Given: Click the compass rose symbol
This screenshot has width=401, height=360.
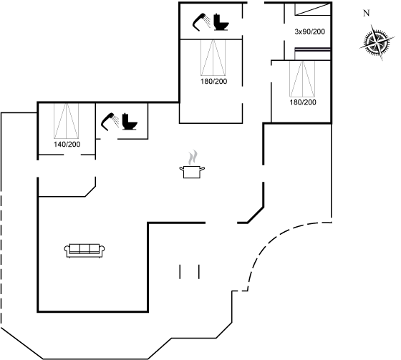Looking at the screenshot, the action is (x=377, y=42).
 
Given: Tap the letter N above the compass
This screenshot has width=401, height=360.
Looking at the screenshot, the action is (x=367, y=13).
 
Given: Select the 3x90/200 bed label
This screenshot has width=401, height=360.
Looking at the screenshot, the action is (x=309, y=31).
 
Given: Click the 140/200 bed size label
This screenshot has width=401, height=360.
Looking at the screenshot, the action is (x=67, y=145).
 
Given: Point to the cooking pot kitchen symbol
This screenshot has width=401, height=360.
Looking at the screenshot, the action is (x=192, y=172).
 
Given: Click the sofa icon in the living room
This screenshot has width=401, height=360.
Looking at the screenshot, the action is (x=84, y=250).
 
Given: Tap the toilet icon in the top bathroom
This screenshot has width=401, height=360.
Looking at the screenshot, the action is (x=221, y=22).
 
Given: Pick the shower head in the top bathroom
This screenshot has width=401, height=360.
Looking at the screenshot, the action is (x=201, y=22).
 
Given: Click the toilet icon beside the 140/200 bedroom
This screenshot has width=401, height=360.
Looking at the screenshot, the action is (x=130, y=122).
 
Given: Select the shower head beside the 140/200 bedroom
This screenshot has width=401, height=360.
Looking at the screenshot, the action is (x=110, y=122).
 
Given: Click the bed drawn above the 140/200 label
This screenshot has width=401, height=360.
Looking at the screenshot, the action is (x=66, y=121).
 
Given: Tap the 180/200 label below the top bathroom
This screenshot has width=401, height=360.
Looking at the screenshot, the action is (x=214, y=82).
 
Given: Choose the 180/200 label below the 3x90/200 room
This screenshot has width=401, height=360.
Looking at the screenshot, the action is (x=303, y=102).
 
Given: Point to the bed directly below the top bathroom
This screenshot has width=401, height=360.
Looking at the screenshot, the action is (x=213, y=57).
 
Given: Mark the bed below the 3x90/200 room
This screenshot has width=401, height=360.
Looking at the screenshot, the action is (x=302, y=79).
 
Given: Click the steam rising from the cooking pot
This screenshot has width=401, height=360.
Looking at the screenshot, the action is (x=193, y=157).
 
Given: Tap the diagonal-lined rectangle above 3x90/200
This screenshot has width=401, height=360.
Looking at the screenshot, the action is (x=313, y=9).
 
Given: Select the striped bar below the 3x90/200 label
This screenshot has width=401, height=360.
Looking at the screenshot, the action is (x=313, y=49).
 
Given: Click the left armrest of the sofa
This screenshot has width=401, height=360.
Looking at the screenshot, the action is (x=67, y=249).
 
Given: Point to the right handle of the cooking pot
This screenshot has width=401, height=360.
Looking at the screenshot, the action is (x=202, y=169).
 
